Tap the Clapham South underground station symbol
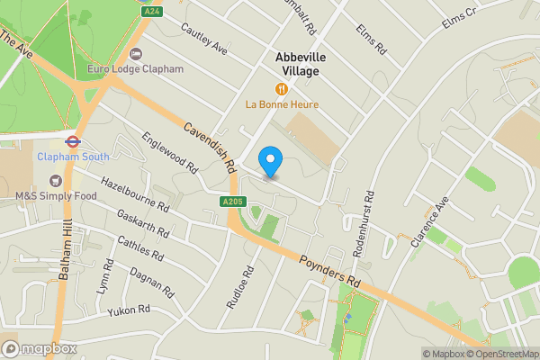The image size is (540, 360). pos(73,140)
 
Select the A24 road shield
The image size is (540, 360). pos(151,11)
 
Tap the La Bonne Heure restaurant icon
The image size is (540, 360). pos(282,88)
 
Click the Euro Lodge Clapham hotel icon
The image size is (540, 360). pos(136,54)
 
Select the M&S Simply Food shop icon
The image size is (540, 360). pos(57,180)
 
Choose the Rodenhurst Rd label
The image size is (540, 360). pos(361,226)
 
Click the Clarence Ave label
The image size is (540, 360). pos(429,223)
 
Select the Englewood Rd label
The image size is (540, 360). pos(169,153)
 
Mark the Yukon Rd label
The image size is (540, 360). pos(128,310)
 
